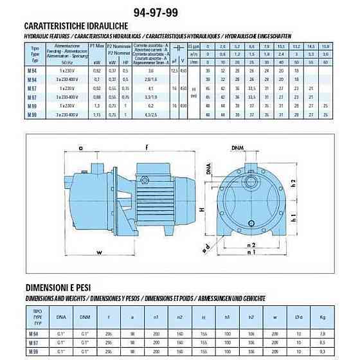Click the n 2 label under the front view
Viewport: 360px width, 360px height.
point(253,245)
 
